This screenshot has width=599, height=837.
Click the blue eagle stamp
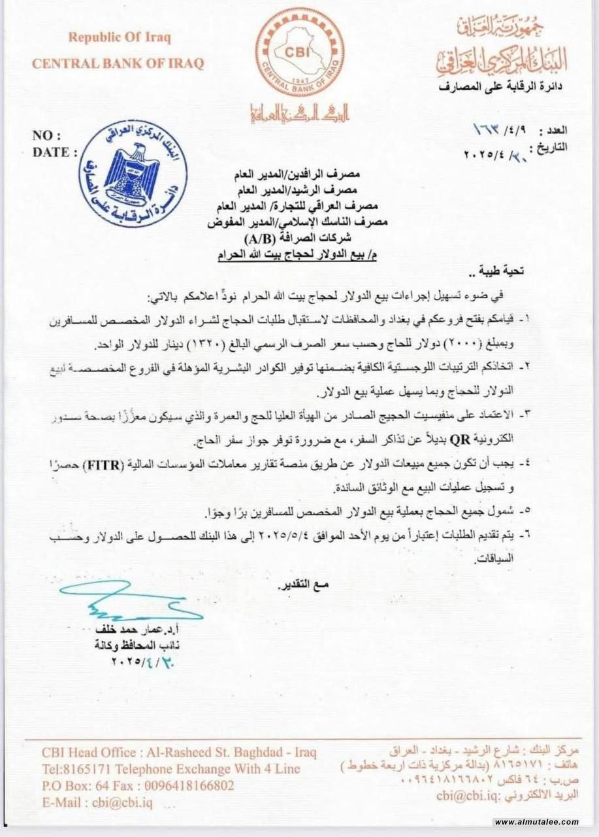point(136,174)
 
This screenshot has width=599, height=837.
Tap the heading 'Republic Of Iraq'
point(120,37)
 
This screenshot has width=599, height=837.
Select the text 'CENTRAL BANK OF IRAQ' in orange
point(118,63)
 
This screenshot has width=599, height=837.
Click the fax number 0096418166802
point(189,785)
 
